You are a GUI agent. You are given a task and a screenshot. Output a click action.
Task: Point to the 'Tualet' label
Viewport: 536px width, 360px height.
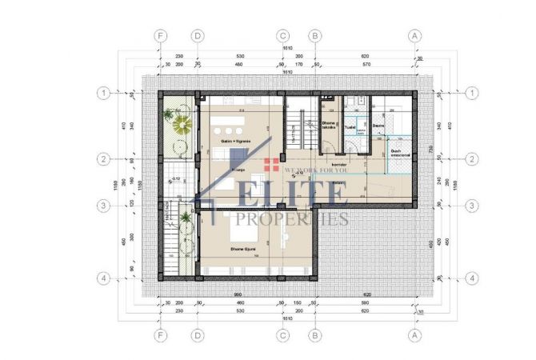tap(350, 126)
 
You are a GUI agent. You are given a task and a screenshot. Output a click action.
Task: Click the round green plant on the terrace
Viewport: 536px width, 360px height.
tap(179, 125)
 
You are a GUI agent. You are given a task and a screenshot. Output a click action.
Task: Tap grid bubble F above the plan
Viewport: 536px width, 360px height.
tap(162, 36)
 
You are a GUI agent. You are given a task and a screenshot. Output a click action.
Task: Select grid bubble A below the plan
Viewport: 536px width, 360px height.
tap(414, 335)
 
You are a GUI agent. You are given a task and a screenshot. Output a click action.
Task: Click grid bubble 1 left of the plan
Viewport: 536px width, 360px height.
tap(103, 93)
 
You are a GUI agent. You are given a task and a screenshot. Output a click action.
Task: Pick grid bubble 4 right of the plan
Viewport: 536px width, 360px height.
tap(473, 278)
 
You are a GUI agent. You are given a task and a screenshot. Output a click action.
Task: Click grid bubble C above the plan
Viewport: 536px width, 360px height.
tap(282, 36)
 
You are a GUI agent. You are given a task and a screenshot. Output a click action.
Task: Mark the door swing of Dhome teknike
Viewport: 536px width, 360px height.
tap(328, 148)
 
